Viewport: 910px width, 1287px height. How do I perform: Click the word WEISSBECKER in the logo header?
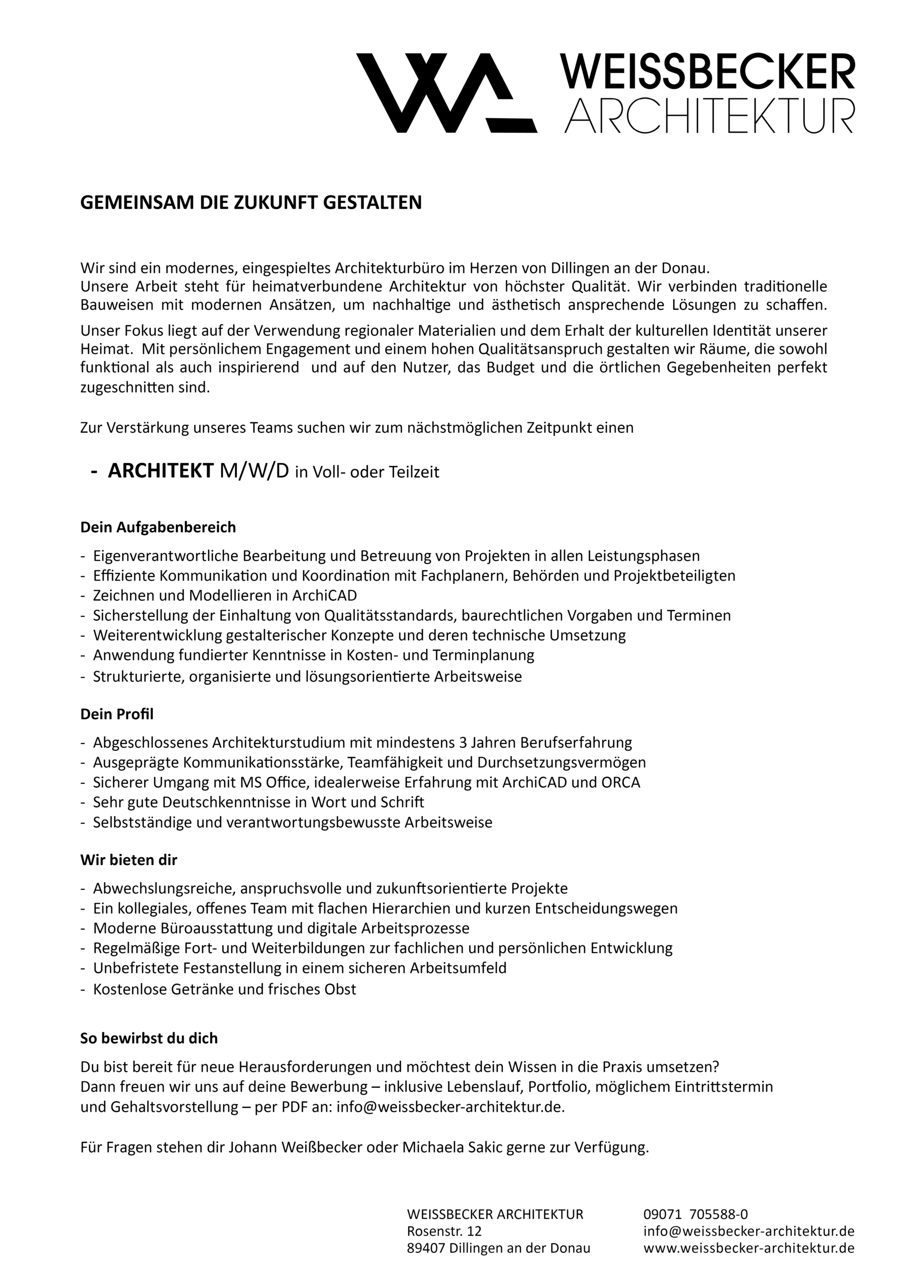pos(707,72)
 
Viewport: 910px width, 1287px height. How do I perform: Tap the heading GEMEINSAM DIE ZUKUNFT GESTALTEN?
pos(251,203)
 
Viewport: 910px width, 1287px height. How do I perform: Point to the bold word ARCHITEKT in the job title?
pos(160,472)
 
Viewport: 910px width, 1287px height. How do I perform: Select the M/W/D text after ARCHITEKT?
pos(254,472)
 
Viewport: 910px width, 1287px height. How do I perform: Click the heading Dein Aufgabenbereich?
pos(158,527)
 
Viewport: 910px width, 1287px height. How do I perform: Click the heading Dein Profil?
pos(117,714)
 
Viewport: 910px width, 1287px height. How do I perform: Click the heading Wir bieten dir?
pos(128,860)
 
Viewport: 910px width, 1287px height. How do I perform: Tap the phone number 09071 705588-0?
pos(695,1214)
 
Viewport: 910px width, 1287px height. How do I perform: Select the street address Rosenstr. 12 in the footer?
pos(444,1231)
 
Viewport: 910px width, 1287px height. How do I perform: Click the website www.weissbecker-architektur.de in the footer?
pos(749,1248)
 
